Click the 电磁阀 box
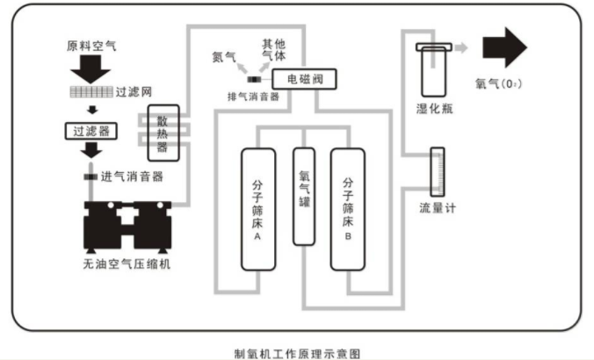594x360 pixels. (x=304, y=79)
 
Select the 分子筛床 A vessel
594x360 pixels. (x=258, y=209)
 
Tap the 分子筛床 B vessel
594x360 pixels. (x=348, y=209)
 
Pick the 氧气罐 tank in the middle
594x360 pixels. (x=304, y=197)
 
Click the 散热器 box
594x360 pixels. (x=163, y=133)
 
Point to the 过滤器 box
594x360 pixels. (x=91, y=131)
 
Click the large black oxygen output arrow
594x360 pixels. (x=504, y=47)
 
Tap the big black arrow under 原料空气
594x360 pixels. (x=91, y=69)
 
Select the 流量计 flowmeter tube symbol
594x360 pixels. (x=438, y=172)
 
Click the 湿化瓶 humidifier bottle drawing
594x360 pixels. (x=434, y=69)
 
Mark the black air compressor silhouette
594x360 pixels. (x=127, y=227)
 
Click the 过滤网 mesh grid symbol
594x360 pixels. (x=91, y=92)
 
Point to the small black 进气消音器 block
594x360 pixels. (x=91, y=176)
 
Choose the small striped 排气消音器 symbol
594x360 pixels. (x=254, y=80)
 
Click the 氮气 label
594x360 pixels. (x=224, y=57)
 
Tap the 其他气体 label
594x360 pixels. (x=274, y=50)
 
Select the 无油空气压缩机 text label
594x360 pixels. (x=127, y=263)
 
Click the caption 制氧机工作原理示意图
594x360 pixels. (x=297, y=354)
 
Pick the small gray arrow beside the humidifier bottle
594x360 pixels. (x=461, y=47)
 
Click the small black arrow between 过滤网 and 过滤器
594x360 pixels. (x=92, y=110)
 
